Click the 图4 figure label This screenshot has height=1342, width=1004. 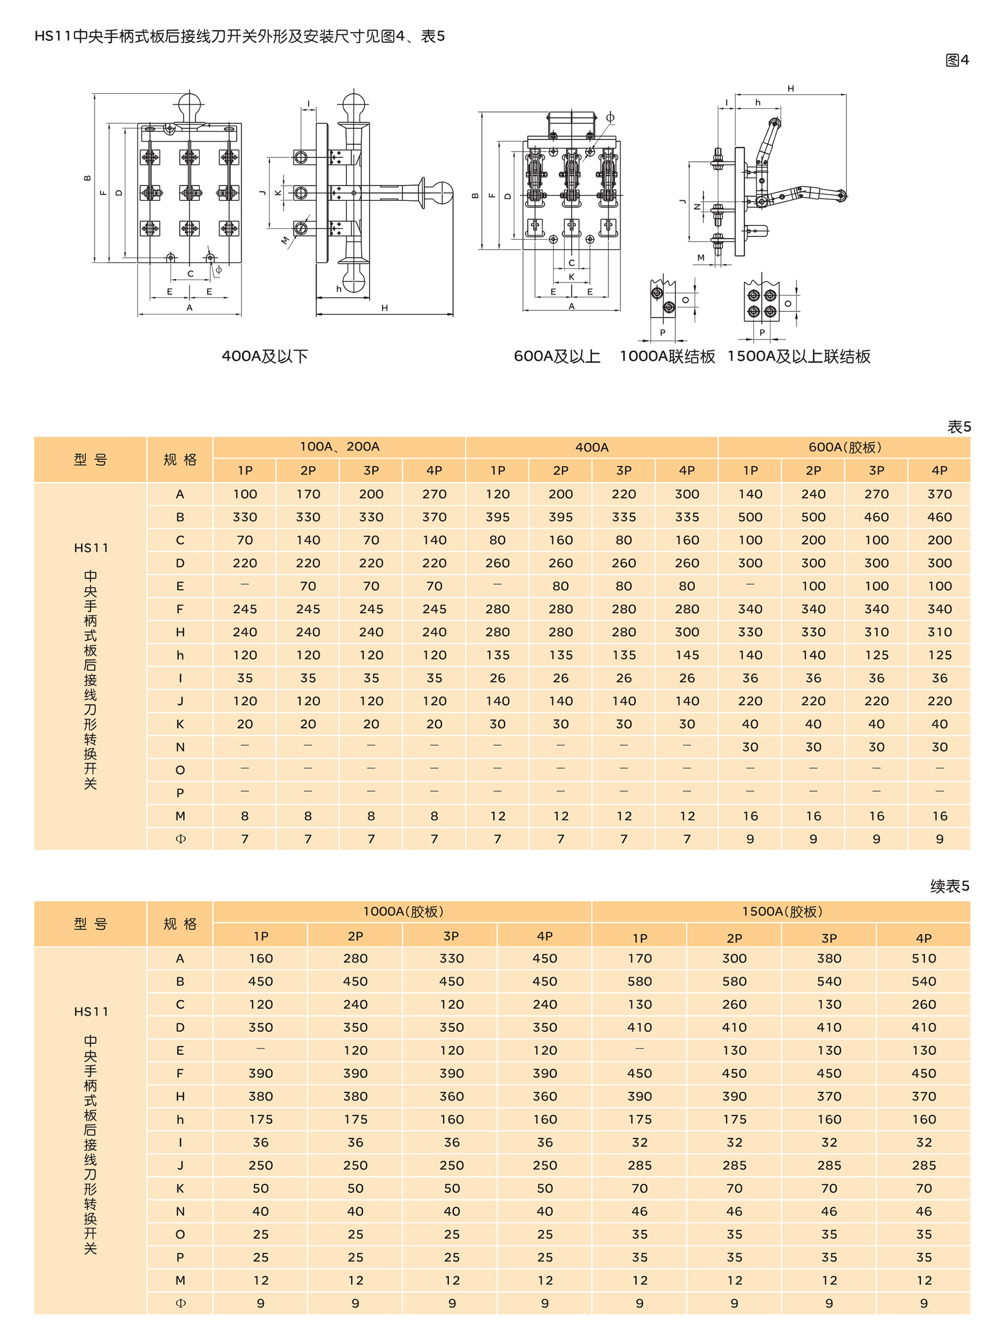[957, 60]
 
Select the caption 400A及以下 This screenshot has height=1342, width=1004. [265, 356]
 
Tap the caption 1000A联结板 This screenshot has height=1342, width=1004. [667, 356]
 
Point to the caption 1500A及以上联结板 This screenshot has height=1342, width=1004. [799, 356]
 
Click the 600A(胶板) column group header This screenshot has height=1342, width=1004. [844, 447]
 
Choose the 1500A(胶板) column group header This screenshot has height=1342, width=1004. [782, 911]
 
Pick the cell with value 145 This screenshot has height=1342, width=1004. [687, 655]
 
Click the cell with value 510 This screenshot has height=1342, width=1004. [923, 959]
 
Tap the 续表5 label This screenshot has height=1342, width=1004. [949, 886]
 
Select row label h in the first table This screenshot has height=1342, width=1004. [180, 655]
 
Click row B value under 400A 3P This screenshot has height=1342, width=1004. [624, 517]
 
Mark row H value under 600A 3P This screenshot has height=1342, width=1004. [876, 632]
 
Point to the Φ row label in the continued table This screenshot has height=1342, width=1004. [180, 1303]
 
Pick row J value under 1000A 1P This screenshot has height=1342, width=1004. [261, 1165]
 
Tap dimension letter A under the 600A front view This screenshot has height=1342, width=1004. [571, 307]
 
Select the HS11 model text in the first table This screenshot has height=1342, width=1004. [91, 548]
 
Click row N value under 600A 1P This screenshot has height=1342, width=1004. [750, 747]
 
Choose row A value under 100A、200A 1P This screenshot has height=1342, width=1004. [245, 494]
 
